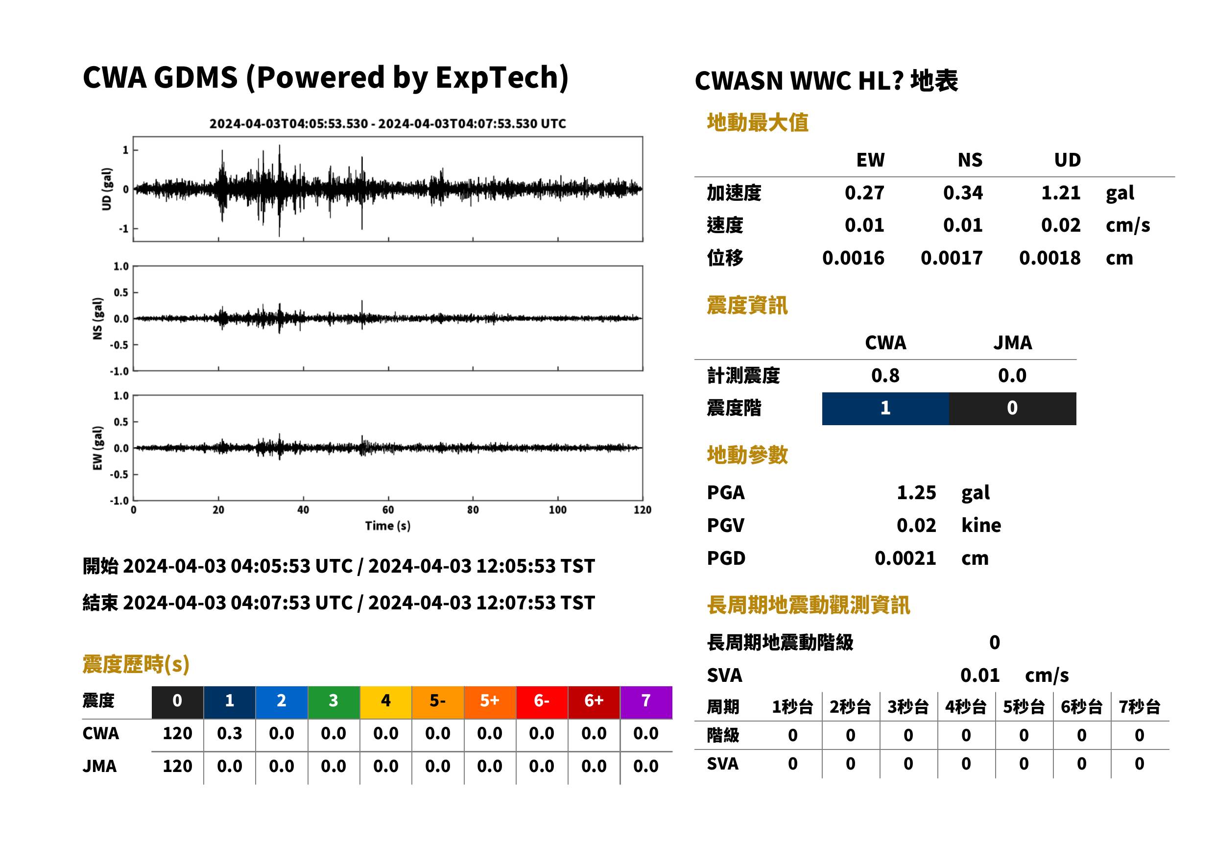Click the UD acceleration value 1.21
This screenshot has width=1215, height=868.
coord(1060,193)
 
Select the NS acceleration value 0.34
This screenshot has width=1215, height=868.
coord(962,193)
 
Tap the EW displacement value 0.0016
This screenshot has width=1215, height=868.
coord(853,258)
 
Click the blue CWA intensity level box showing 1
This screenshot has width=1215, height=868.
coord(885,409)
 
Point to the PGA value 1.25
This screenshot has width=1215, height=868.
coord(916,492)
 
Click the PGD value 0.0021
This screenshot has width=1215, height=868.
coord(905,558)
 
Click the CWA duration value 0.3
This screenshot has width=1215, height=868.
coord(229,733)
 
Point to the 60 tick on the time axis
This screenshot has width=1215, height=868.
coord(388,510)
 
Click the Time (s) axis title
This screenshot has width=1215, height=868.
coord(388,526)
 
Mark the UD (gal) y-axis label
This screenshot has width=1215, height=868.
coord(107,189)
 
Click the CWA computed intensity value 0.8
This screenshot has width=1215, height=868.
coord(885,375)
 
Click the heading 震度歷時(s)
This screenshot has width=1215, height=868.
coord(136,664)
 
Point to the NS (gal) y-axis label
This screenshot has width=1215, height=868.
coord(97,318)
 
